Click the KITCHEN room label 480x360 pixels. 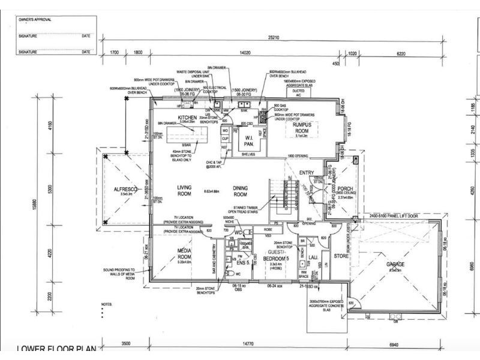(x=187, y=117)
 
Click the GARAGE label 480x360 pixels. (x=395, y=265)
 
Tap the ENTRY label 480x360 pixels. (x=307, y=173)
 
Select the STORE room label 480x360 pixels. (x=341, y=256)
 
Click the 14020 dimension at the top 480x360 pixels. (x=244, y=53)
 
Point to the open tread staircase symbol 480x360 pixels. (x=277, y=198)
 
